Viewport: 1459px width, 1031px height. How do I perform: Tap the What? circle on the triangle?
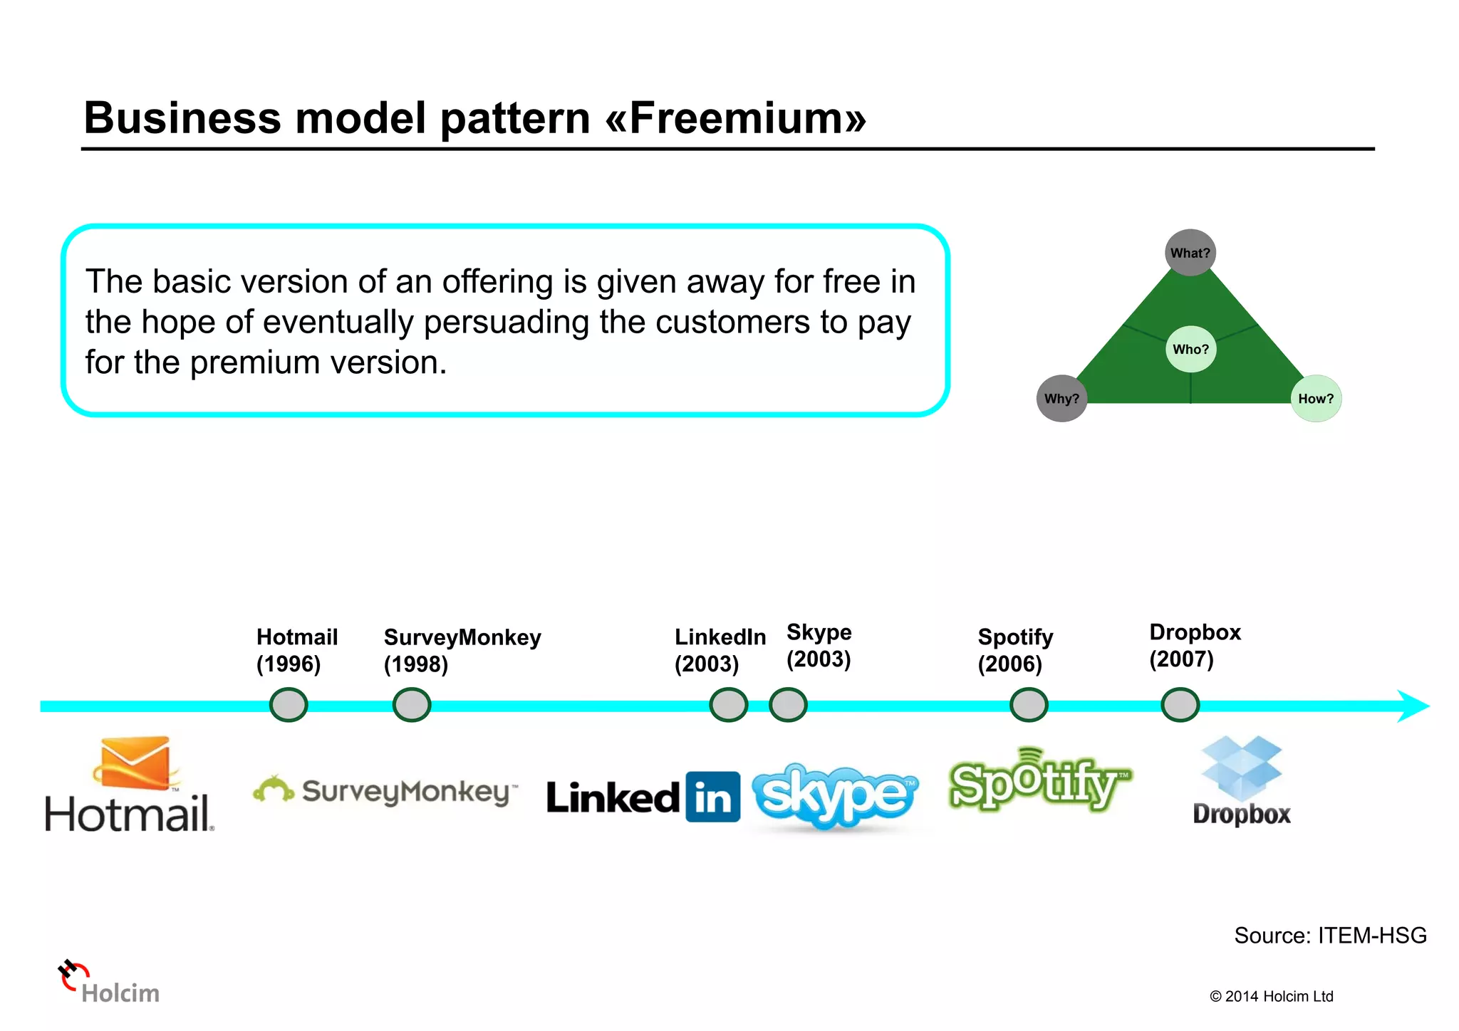(x=1190, y=253)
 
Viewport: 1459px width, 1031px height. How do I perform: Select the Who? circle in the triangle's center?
(x=1190, y=349)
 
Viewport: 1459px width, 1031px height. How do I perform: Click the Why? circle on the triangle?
(x=1061, y=399)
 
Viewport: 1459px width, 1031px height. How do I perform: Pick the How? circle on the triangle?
(x=1316, y=399)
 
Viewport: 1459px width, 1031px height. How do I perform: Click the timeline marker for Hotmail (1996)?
(x=289, y=705)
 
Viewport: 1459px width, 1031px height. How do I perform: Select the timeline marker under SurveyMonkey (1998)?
(x=412, y=705)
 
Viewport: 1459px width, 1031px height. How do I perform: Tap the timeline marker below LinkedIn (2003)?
(x=729, y=705)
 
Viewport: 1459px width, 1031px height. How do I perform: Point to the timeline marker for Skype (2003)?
(x=788, y=705)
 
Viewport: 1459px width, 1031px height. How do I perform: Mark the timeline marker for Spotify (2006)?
(x=1029, y=705)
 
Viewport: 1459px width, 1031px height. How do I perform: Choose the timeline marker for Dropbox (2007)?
(x=1180, y=705)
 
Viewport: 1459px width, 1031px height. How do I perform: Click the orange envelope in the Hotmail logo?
(x=135, y=763)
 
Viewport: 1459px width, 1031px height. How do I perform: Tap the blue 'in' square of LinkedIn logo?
(x=712, y=797)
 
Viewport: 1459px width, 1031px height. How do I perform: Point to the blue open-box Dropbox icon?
(x=1241, y=768)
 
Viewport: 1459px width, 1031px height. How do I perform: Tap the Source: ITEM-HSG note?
(x=1329, y=935)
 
